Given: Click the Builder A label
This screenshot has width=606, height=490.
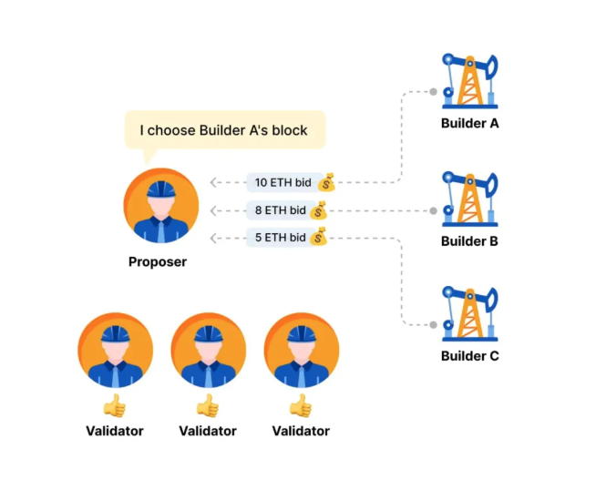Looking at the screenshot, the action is (469, 123).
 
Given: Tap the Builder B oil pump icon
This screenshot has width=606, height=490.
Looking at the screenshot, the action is (470, 199).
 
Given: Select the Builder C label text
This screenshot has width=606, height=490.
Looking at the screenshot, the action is (470, 355).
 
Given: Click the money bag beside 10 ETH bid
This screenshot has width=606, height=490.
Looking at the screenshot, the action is (326, 182).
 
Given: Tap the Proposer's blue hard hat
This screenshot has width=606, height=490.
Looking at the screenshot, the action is (161, 189).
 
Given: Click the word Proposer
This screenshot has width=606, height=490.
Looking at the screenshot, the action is (158, 261).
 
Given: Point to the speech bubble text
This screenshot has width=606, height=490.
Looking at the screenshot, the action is (223, 130).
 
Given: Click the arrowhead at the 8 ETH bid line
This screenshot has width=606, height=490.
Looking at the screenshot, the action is (213, 210).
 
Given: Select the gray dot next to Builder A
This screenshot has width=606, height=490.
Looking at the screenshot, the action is (433, 91).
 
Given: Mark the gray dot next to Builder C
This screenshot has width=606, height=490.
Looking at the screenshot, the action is (433, 325).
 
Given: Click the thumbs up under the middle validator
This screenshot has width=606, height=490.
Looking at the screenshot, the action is (208, 406).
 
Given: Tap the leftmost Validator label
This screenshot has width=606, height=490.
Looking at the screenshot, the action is (115, 431).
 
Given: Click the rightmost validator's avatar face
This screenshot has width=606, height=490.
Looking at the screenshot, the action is (302, 351).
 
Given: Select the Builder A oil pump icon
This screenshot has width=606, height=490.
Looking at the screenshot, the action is (470, 81).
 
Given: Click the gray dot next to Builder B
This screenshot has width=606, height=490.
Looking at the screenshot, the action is (433, 210).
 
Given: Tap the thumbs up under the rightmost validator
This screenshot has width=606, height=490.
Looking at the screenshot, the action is (301, 406).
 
